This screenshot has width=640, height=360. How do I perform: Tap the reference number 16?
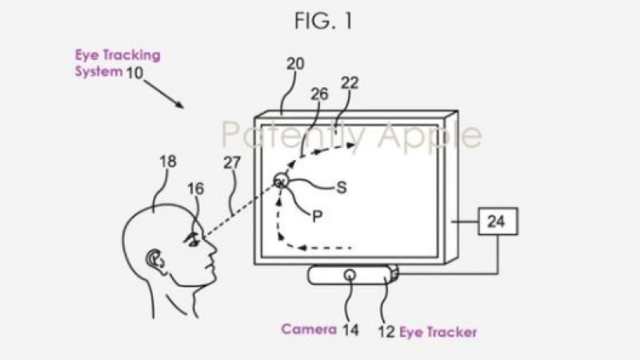pyautogui.click(x=196, y=189)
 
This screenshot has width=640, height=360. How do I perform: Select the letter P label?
pyautogui.click(x=316, y=216)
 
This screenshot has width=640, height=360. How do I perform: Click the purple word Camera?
pyautogui.click(x=306, y=328)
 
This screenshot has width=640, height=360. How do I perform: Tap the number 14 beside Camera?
pyautogui.click(x=350, y=329)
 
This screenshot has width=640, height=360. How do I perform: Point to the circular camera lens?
pyautogui.click(x=350, y=274)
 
